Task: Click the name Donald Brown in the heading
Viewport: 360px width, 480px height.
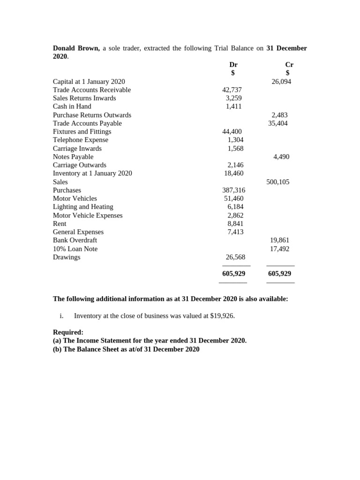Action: (76, 48)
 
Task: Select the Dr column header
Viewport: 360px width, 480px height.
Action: (233, 65)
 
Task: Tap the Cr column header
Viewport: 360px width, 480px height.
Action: (289, 65)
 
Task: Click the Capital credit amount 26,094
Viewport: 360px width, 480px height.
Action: (281, 82)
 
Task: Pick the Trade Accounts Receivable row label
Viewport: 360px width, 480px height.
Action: (92, 90)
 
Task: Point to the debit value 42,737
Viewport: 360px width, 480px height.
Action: (232, 90)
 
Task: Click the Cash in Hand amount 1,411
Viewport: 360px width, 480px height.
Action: (233, 106)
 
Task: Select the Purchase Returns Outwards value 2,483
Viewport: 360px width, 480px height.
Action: (280, 115)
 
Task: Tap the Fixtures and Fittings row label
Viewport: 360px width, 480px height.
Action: (82, 132)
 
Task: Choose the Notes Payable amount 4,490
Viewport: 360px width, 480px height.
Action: (281, 157)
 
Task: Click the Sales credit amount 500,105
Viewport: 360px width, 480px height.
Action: (278, 182)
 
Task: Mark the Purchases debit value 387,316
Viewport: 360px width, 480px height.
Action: (233, 190)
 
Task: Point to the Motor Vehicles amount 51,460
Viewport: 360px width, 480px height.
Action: (234, 199)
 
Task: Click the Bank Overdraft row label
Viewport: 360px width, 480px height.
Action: (75, 240)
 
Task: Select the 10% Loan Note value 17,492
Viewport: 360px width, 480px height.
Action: (279, 249)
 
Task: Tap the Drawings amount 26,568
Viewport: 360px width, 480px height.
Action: (235, 257)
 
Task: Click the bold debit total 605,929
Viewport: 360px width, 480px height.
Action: (234, 274)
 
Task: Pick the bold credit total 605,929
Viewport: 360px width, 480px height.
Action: (280, 274)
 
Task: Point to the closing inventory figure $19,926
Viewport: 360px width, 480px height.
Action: (222, 316)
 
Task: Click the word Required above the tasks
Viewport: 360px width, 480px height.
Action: (68, 332)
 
